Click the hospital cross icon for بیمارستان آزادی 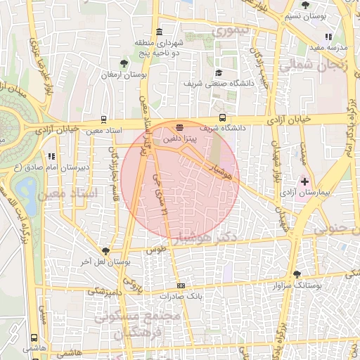coord(304,181)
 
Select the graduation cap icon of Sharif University coord(219,73)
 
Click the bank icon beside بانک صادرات coord(181,285)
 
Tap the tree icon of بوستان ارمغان coord(124,64)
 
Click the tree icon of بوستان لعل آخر coord(106,250)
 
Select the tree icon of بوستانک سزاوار coord(297,274)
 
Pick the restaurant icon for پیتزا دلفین coord(180,127)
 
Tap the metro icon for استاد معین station coord(104,120)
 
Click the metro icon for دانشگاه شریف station coord(222,117)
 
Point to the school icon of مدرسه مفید coord(328,37)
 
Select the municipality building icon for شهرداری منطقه coord(160,32)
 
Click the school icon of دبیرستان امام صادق coord(50,156)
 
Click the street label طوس coord(154,250)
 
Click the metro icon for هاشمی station coord(34,337)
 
